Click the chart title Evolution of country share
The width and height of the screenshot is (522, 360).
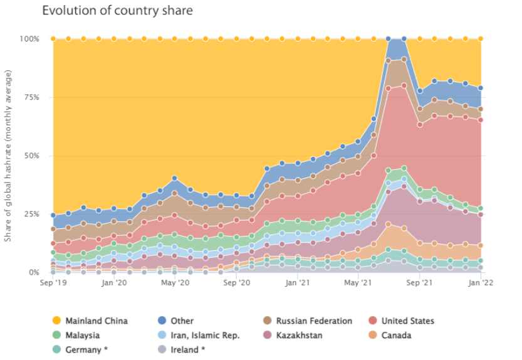click(117, 11)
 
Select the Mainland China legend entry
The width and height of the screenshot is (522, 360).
click(91, 320)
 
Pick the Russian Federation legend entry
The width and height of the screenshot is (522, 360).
click(313, 320)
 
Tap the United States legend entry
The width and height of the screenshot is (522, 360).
click(407, 320)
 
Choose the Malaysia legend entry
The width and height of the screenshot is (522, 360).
click(81, 335)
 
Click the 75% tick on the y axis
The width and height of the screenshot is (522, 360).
click(30, 97)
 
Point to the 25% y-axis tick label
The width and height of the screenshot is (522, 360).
click(30, 214)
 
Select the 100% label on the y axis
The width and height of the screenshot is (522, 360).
click(29, 39)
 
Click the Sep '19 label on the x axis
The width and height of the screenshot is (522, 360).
click(53, 283)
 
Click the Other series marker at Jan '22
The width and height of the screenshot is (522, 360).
click(481, 88)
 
